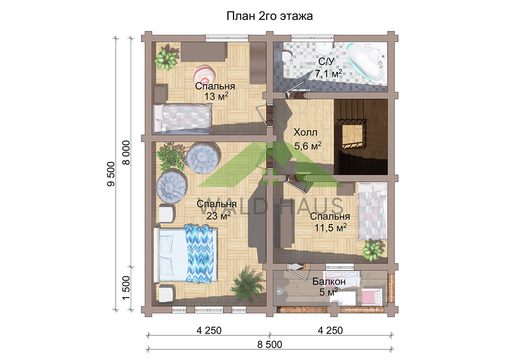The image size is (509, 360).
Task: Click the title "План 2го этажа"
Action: [x=269, y=16]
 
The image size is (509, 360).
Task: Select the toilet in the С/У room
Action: [x=283, y=56]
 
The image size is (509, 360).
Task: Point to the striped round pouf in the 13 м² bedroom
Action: [x=204, y=75]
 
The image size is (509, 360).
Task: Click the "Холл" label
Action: [x=305, y=132]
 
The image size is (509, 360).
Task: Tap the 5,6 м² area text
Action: [x=308, y=146]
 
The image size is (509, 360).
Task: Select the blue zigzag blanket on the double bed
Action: [x=199, y=254]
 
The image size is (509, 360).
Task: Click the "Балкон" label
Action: [x=329, y=281]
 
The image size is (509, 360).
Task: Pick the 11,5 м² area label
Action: [x=330, y=228]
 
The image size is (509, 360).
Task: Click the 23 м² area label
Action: [x=218, y=216]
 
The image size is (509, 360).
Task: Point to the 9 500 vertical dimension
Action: [x=111, y=174]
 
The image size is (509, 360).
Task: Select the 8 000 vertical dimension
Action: [x=126, y=152]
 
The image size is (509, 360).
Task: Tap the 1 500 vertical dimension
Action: [x=126, y=288]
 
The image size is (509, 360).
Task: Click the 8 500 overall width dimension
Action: [x=270, y=345]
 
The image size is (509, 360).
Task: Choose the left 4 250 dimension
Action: [x=209, y=330]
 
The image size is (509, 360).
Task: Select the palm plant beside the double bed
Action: [x=247, y=284]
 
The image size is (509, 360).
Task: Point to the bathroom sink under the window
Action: [x=325, y=48]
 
